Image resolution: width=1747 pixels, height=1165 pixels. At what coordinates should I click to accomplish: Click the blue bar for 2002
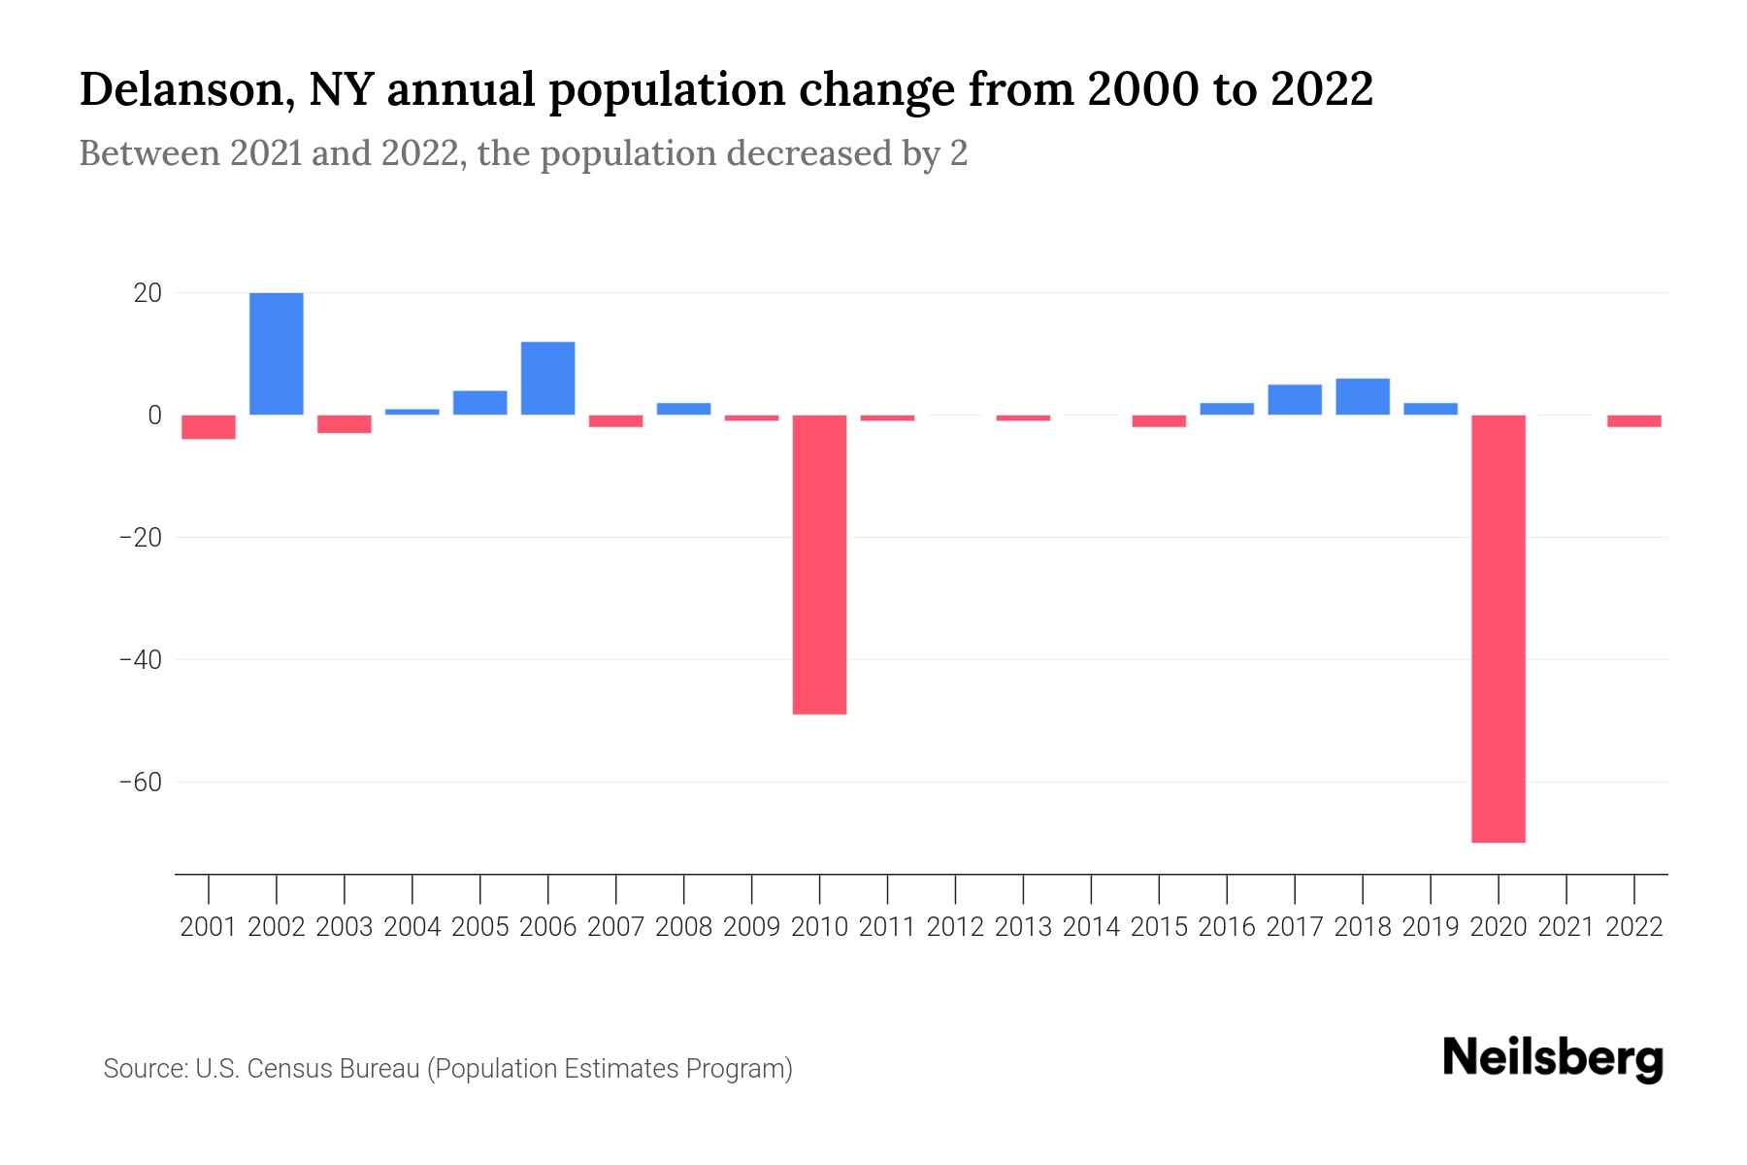click(x=277, y=353)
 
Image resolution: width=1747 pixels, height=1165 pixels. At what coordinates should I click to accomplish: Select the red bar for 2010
click(x=819, y=564)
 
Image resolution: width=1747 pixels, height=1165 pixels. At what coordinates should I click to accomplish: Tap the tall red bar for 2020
click(x=1499, y=628)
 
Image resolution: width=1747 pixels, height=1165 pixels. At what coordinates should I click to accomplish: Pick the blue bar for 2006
click(x=548, y=379)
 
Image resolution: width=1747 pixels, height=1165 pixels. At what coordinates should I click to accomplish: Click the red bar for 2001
click(x=209, y=427)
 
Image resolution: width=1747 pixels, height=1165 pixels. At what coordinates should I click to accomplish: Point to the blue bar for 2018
click(x=1363, y=397)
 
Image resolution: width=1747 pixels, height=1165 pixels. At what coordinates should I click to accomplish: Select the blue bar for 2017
click(x=1295, y=400)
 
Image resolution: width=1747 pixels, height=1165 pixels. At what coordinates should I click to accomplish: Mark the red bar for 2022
click(x=1634, y=421)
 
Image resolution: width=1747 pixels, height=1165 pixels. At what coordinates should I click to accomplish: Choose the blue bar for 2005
click(x=480, y=403)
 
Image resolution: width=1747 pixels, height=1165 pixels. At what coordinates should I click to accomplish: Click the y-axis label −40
click(x=140, y=660)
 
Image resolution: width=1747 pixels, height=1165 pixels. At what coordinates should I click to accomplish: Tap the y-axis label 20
click(x=148, y=293)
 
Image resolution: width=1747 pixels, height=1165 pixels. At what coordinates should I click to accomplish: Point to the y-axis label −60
click(x=140, y=782)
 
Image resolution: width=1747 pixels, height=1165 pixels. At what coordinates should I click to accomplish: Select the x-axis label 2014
click(x=1091, y=927)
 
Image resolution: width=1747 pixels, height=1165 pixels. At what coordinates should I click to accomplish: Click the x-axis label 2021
click(x=1566, y=927)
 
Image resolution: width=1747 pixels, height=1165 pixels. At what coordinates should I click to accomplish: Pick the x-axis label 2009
click(x=751, y=927)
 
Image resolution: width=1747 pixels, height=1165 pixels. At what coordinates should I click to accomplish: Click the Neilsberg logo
click(x=1553, y=1058)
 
